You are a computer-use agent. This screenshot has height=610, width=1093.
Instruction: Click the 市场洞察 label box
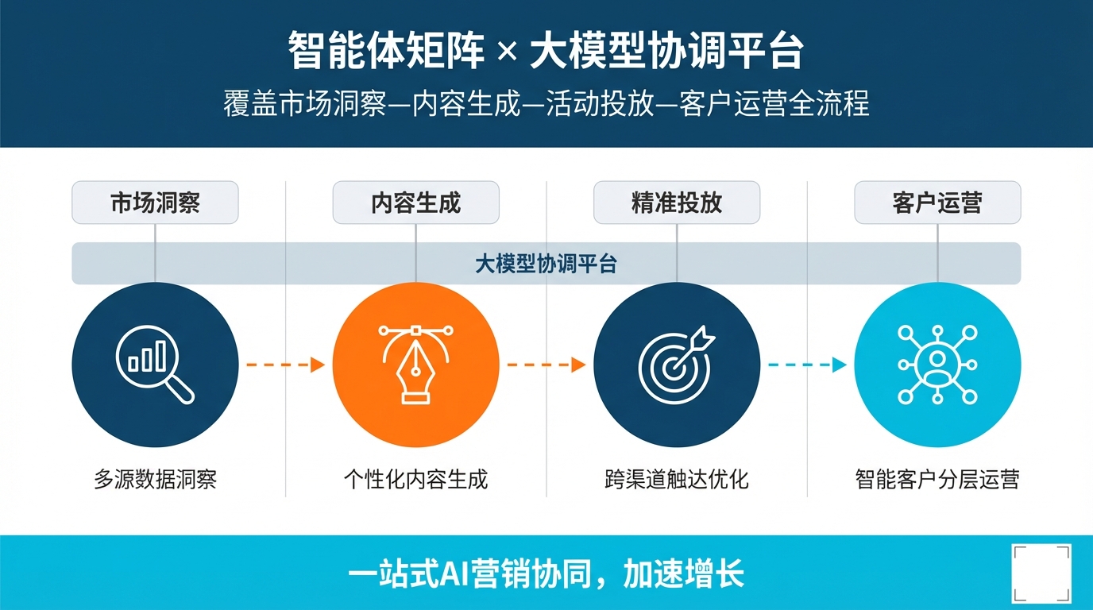(155, 203)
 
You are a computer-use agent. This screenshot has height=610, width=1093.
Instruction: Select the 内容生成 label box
(415, 203)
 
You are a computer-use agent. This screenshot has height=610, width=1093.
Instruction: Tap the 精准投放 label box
(677, 203)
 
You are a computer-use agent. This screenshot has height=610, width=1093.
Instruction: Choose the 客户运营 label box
(937, 203)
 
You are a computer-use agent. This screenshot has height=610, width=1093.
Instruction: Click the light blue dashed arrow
(806, 365)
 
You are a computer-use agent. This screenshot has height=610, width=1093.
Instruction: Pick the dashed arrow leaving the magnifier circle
(285, 365)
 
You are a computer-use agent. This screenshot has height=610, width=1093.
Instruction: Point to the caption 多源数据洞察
(155, 480)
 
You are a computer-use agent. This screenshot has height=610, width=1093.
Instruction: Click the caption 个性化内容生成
(415, 480)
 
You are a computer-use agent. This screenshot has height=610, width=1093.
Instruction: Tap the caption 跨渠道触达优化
(677, 480)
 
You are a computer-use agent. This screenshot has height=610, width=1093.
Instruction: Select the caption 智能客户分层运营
(937, 480)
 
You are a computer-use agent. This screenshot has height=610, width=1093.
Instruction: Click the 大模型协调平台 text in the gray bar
(546, 264)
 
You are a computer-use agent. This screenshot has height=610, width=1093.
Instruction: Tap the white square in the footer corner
(1041, 573)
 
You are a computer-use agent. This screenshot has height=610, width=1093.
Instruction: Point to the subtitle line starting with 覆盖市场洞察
(546, 105)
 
